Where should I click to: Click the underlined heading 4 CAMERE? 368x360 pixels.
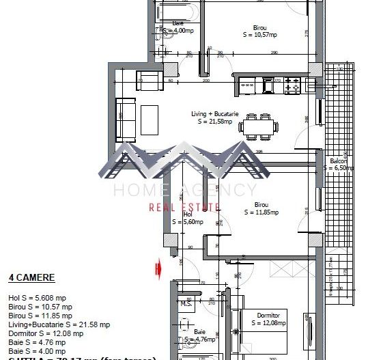tap(31, 278)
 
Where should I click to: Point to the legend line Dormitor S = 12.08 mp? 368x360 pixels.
tap(46, 334)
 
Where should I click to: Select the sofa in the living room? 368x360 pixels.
tap(125, 117)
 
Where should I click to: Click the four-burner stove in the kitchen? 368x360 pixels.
tap(292, 85)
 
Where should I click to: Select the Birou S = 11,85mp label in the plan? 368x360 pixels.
tap(266, 208)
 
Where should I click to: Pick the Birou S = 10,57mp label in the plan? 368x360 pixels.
tap(260, 31)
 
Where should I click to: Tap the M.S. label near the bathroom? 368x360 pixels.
tap(185, 303)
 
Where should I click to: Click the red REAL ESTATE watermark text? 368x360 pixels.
tap(184, 207)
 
